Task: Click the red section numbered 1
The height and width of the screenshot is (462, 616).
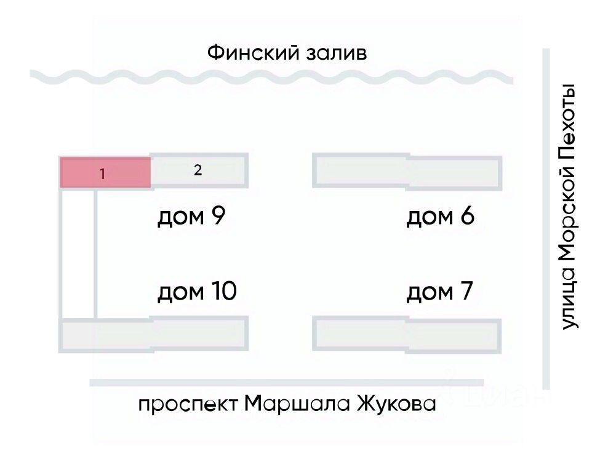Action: click(105, 173)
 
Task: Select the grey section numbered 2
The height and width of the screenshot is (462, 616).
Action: click(199, 170)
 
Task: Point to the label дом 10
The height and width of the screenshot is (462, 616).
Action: click(197, 291)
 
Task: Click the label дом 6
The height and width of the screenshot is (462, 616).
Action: click(440, 217)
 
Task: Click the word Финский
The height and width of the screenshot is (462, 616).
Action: click(252, 53)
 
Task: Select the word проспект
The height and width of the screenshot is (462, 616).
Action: click(188, 405)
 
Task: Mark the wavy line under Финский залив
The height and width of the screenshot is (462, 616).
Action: click(271, 78)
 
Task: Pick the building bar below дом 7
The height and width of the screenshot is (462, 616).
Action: click(407, 333)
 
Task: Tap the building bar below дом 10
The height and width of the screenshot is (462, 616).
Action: click(153, 335)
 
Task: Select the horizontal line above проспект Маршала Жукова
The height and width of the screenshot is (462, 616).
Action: click(286, 383)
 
